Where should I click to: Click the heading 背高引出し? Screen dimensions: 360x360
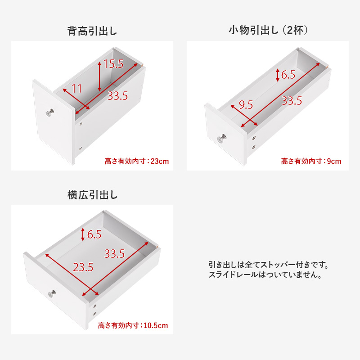[x=92, y=31]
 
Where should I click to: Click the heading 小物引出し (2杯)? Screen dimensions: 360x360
[x=268, y=30]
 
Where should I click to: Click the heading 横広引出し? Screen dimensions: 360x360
[x=92, y=195]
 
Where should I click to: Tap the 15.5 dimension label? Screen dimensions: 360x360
[x=113, y=64]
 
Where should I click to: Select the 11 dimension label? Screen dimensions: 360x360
[x=76, y=89]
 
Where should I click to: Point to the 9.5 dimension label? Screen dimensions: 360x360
[x=246, y=105]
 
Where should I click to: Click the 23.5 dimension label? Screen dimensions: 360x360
[x=83, y=267]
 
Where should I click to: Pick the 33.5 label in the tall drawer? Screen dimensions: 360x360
[x=118, y=96]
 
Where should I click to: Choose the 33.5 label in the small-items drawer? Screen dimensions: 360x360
[x=292, y=101]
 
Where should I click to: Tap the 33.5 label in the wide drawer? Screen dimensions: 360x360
[x=115, y=254]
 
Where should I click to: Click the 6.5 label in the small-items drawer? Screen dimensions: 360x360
[x=288, y=75]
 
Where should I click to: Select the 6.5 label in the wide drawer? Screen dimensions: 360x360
[x=94, y=234]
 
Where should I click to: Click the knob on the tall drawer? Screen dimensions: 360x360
[x=49, y=112]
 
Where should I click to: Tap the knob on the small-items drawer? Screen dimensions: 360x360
[x=222, y=139]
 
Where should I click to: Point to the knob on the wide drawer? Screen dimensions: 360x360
[x=52, y=294]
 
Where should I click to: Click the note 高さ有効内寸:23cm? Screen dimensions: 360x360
[x=137, y=161]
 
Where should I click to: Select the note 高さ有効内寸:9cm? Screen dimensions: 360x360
[x=311, y=161]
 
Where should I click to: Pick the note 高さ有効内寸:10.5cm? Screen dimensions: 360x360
[x=133, y=325]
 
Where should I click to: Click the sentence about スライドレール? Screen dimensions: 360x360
[x=265, y=274]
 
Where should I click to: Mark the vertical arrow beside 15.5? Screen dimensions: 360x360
[x=99, y=76]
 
